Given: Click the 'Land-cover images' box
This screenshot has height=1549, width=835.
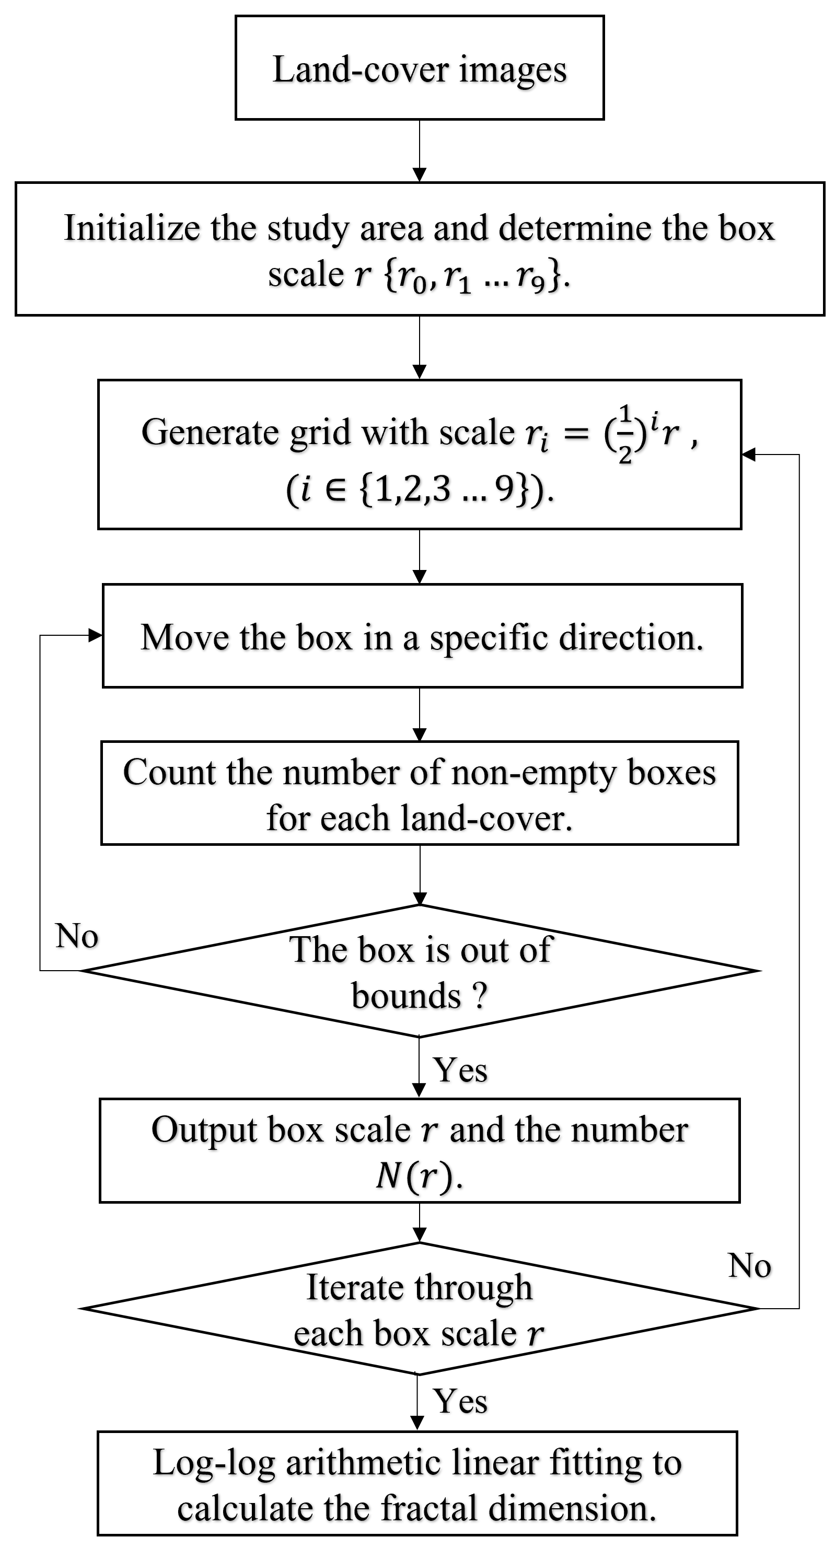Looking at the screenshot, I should (x=419, y=68).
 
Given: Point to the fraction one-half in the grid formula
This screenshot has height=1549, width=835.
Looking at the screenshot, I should (x=625, y=433).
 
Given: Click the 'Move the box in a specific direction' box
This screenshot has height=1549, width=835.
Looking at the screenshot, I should (x=422, y=636).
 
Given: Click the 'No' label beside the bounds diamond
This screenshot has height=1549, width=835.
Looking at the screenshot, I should (x=77, y=936).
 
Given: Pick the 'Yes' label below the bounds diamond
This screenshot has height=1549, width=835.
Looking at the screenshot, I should (x=460, y=1070).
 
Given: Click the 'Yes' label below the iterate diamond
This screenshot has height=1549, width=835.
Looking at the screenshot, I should (x=460, y=1401).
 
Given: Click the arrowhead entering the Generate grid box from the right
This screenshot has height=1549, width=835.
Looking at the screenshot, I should (x=748, y=455).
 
